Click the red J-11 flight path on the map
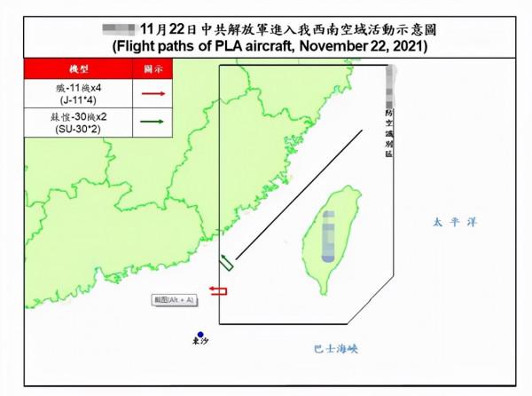pyautogui.click(x=218, y=290)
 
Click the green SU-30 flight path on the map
pyautogui.click(x=226, y=262)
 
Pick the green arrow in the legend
pyautogui.click(x=152, y=123)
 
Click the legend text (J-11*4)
pyautogui.click(x=78, y=100)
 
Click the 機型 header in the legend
pyautogui.click(x=78, y=68)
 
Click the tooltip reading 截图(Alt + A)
pyautogui.click(x=173, y=302)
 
